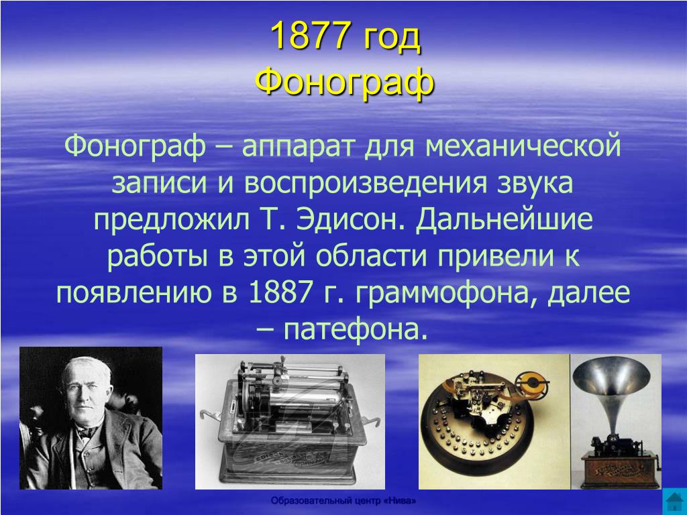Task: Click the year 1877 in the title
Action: point(311,36)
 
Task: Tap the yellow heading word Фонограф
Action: point(345,81)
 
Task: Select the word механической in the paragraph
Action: point(523,146)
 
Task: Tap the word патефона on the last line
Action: point(355,330)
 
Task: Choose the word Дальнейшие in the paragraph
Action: point(504,219)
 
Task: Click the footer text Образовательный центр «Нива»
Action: point(343,500)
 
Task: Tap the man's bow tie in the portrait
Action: point(87,432)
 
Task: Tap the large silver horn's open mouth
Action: point(612,372)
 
